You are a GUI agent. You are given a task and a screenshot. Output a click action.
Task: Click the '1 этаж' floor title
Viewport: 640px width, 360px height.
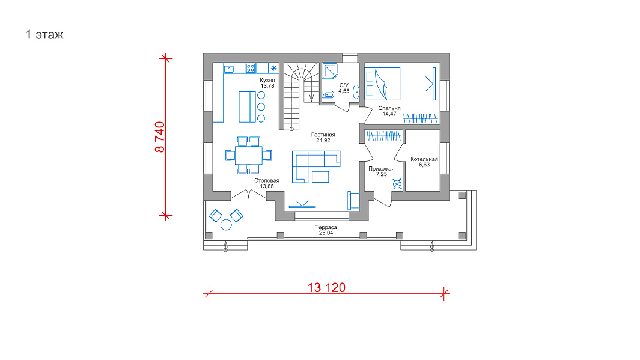pos(44,35)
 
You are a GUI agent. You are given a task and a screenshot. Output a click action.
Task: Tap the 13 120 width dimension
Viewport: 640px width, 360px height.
pos(326,288)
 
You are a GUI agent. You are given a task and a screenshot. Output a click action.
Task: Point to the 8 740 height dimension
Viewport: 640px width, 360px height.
pos(160,137)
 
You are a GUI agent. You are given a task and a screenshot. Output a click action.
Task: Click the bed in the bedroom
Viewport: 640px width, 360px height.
pos(382,84)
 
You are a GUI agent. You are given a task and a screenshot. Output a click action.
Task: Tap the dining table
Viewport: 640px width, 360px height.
pos(249,155)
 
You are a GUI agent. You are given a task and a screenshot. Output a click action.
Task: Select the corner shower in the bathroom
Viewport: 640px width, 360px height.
pos(330,70)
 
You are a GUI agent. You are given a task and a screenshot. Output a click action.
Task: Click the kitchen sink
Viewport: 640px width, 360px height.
pos(228,68)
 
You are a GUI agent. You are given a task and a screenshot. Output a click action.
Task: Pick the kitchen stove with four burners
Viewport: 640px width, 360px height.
pos(251,68)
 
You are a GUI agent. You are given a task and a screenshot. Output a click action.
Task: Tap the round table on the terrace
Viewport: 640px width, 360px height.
pos(226,225)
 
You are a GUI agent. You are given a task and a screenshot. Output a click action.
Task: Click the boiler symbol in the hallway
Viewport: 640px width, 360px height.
pos(397,184)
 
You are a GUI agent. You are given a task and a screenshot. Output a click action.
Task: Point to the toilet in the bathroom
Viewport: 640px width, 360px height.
pos(328,95)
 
